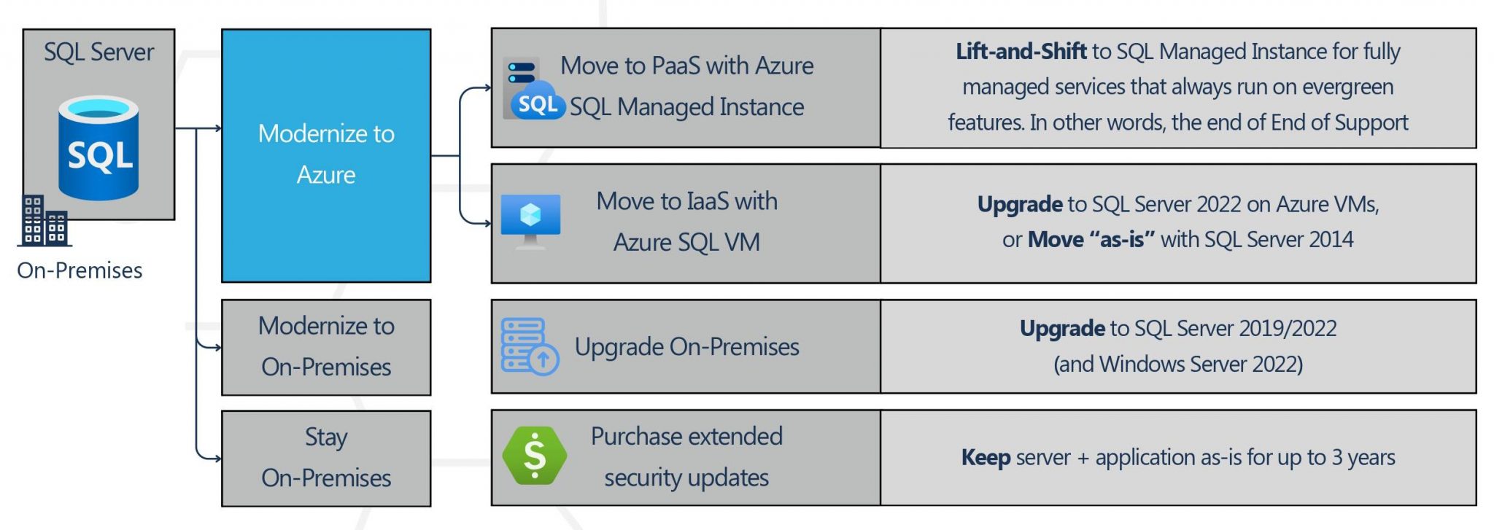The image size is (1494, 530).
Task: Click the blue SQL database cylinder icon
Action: coord(98,148)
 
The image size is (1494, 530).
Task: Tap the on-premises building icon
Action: coord(44,220)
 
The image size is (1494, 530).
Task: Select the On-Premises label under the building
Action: coord(80,270)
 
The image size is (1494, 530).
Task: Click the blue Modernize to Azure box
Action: coord(326,155)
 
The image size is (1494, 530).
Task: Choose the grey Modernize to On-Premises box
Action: coord(326,347)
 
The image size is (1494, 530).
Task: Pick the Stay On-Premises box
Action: coord(326,458)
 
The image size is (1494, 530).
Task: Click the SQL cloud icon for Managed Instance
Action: coord(534,89)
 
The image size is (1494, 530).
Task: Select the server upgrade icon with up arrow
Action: coord(530,347)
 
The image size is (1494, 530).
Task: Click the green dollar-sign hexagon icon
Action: coord(535,456)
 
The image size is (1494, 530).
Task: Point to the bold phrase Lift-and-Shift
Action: coord(1021,51)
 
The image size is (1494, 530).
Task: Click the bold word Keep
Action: coord(986,458)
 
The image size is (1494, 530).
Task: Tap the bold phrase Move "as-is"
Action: coord(1091,239)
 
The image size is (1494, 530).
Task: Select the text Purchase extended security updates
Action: coord(686,456)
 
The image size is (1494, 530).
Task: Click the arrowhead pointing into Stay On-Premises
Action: coord(217,459)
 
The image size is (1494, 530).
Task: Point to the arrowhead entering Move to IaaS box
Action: coord(487,223)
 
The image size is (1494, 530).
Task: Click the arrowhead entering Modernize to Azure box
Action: coord(217,128)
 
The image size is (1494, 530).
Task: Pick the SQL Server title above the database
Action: coord(98,52)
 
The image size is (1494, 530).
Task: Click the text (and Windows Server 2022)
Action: coord(1178,364)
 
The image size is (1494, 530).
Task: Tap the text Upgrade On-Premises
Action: coord(686,347)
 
